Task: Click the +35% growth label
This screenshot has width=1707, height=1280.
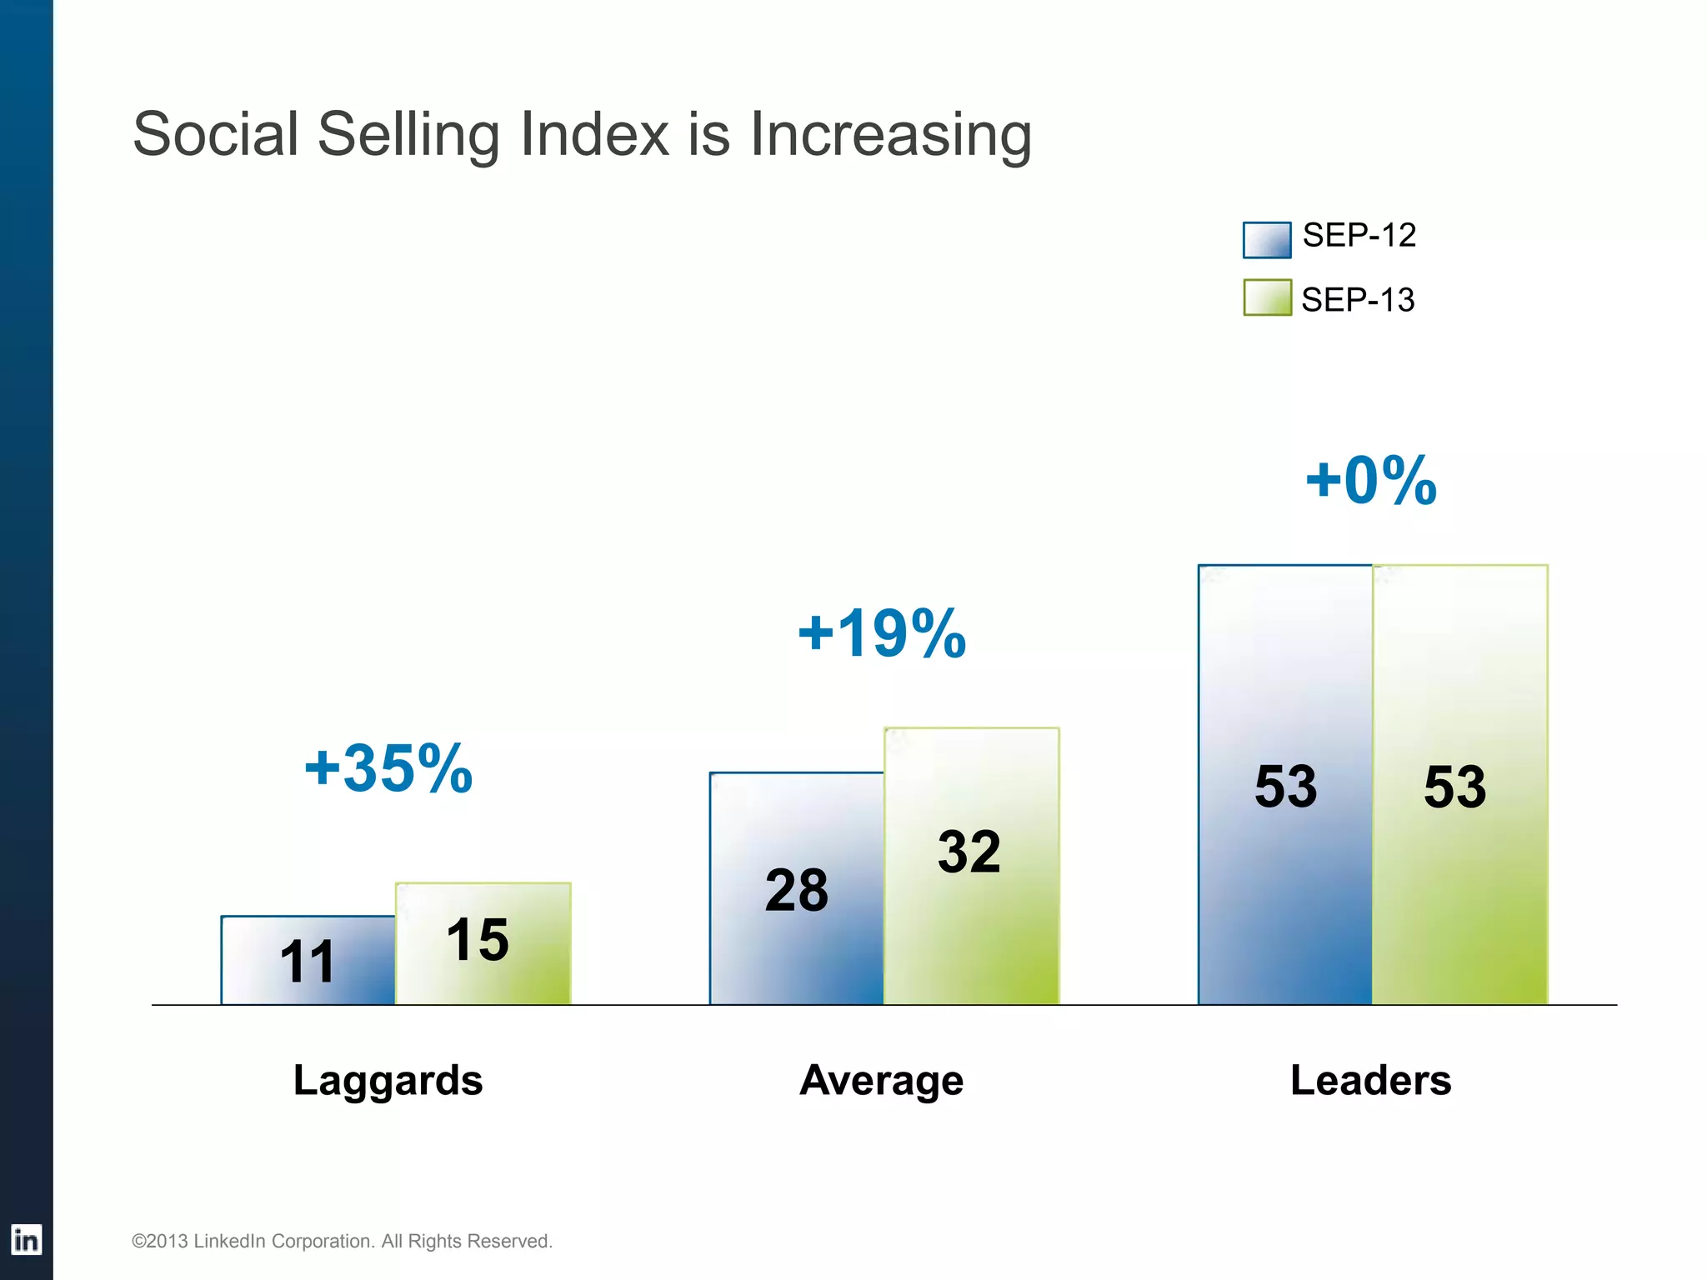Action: (x=388, y=767)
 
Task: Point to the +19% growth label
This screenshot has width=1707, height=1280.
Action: (x=882, y=633)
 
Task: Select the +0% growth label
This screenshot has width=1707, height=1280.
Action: (x=1371, y=481)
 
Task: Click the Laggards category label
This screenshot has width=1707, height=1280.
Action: (x=388, y=1080)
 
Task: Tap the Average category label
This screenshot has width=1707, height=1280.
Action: (x=881, y=1080)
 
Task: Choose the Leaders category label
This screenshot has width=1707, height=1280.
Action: (x=1370, y=1080)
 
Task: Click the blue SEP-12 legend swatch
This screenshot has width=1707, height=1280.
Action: (x=1266, y=239)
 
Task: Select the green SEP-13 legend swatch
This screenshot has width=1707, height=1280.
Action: (x=1266, y=297)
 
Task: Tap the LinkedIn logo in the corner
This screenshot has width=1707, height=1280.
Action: (x=26, y=1240)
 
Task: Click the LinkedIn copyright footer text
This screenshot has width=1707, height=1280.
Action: (x=342, y=1241)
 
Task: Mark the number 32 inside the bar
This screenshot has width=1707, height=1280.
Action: (x=969, y=852)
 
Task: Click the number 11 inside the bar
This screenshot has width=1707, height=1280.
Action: (x=307, y=962)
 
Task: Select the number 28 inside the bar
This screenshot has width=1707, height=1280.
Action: (x=796, y=890)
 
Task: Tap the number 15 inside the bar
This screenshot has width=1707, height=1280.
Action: (x=477, y=939)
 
